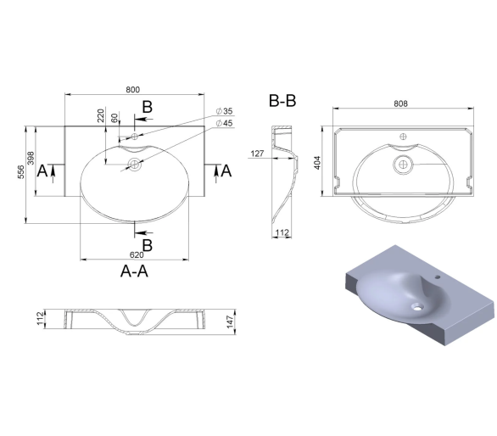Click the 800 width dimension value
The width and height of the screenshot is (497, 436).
(x=132, y=90)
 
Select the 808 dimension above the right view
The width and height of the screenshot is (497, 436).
(x=400, y=103)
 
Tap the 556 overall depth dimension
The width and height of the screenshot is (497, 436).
(x=21, y=172)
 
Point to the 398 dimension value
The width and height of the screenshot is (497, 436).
(x=31, y=159)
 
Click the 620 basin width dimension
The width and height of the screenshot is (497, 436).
(x=137, y=255)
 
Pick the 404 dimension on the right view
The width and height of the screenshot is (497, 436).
(x=317, y=163)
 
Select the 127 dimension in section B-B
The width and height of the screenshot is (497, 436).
(x=257, y=154)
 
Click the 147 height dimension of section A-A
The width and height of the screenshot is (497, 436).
(x=230, y=321)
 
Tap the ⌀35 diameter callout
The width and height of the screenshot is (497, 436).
(x=225, y=111)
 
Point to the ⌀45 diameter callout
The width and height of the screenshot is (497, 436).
(x=225, y=123)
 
